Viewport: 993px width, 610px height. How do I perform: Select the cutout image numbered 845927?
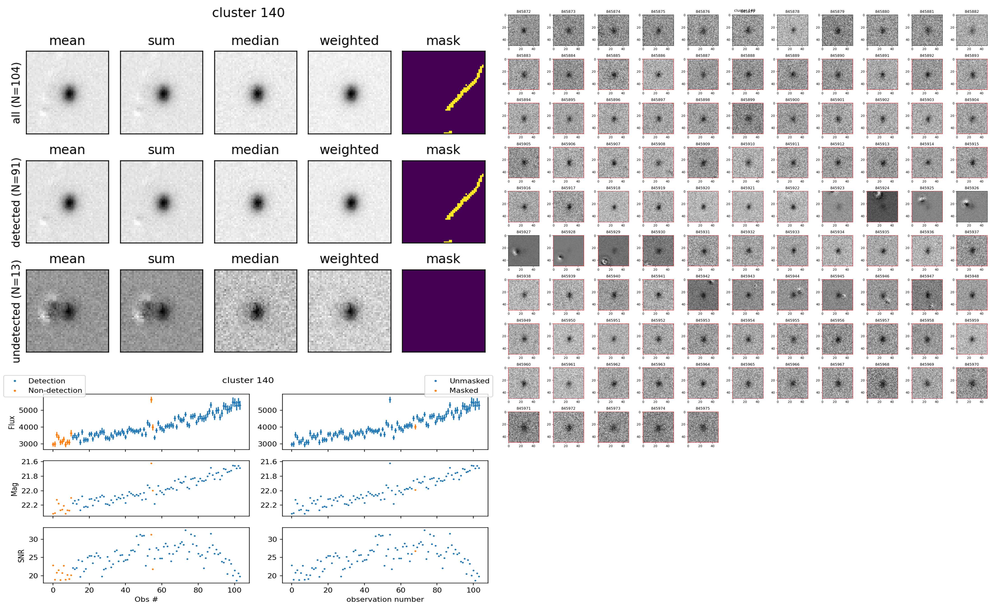point(524,251)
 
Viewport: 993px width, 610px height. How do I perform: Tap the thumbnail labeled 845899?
point(748,118)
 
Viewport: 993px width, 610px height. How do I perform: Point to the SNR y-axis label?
point(21,556)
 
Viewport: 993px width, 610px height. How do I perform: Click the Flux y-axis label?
point(12,422)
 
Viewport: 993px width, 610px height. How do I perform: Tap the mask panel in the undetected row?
point(443,311)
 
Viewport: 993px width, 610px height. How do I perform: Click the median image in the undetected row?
point(255,311)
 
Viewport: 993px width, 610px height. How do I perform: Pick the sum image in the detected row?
point(161,202)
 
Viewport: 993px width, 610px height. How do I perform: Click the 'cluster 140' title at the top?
point(248,13)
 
